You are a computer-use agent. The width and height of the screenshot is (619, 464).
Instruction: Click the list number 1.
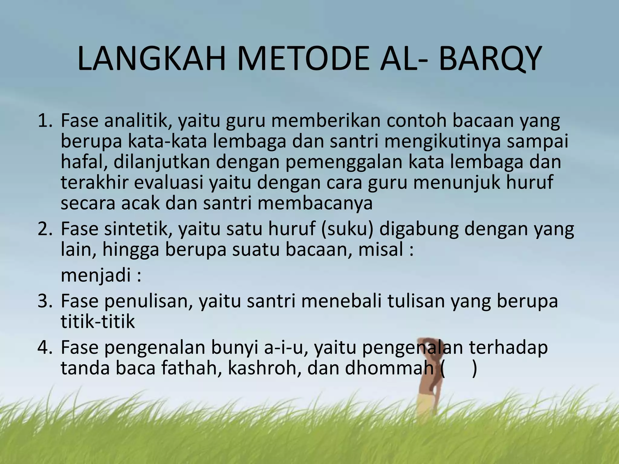coord(45,121)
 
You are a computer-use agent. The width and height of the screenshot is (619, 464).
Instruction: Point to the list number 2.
coord(45,229)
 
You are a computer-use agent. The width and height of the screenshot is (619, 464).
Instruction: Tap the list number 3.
coord(45,301)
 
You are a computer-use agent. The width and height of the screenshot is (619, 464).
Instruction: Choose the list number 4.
coord(45,348)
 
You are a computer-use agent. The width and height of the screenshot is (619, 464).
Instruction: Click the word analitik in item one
coord(138,121)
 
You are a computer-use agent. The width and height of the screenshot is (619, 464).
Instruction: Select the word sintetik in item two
coord(138,229)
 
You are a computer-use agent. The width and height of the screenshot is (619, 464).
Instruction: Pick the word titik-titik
coord(98,322)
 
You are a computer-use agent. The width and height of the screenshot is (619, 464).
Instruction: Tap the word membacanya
coord(315,203)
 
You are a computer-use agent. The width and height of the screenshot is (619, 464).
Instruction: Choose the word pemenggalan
coord(344,162)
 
